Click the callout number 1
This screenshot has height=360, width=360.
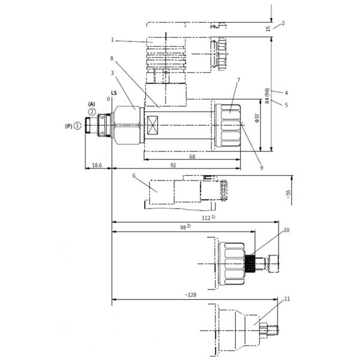[x=112, y=40]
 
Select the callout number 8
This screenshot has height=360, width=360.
[x=112, y=59]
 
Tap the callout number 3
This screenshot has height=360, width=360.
[x=112, y=73]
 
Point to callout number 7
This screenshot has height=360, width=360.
[x=238, y=80]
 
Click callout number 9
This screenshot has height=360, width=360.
[x=262, y=168]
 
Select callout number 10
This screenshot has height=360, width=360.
[x=286, y=229]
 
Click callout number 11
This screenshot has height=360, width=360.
[x=286, y=298]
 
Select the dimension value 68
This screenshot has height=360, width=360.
[x=192, y=157]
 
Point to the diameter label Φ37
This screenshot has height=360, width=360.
[x=257, y=118]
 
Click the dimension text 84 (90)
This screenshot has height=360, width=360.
[x=268, y=94]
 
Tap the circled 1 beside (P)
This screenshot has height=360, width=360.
[x=78, y=127]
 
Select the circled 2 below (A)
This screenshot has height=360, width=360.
[x=92, y=112]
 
